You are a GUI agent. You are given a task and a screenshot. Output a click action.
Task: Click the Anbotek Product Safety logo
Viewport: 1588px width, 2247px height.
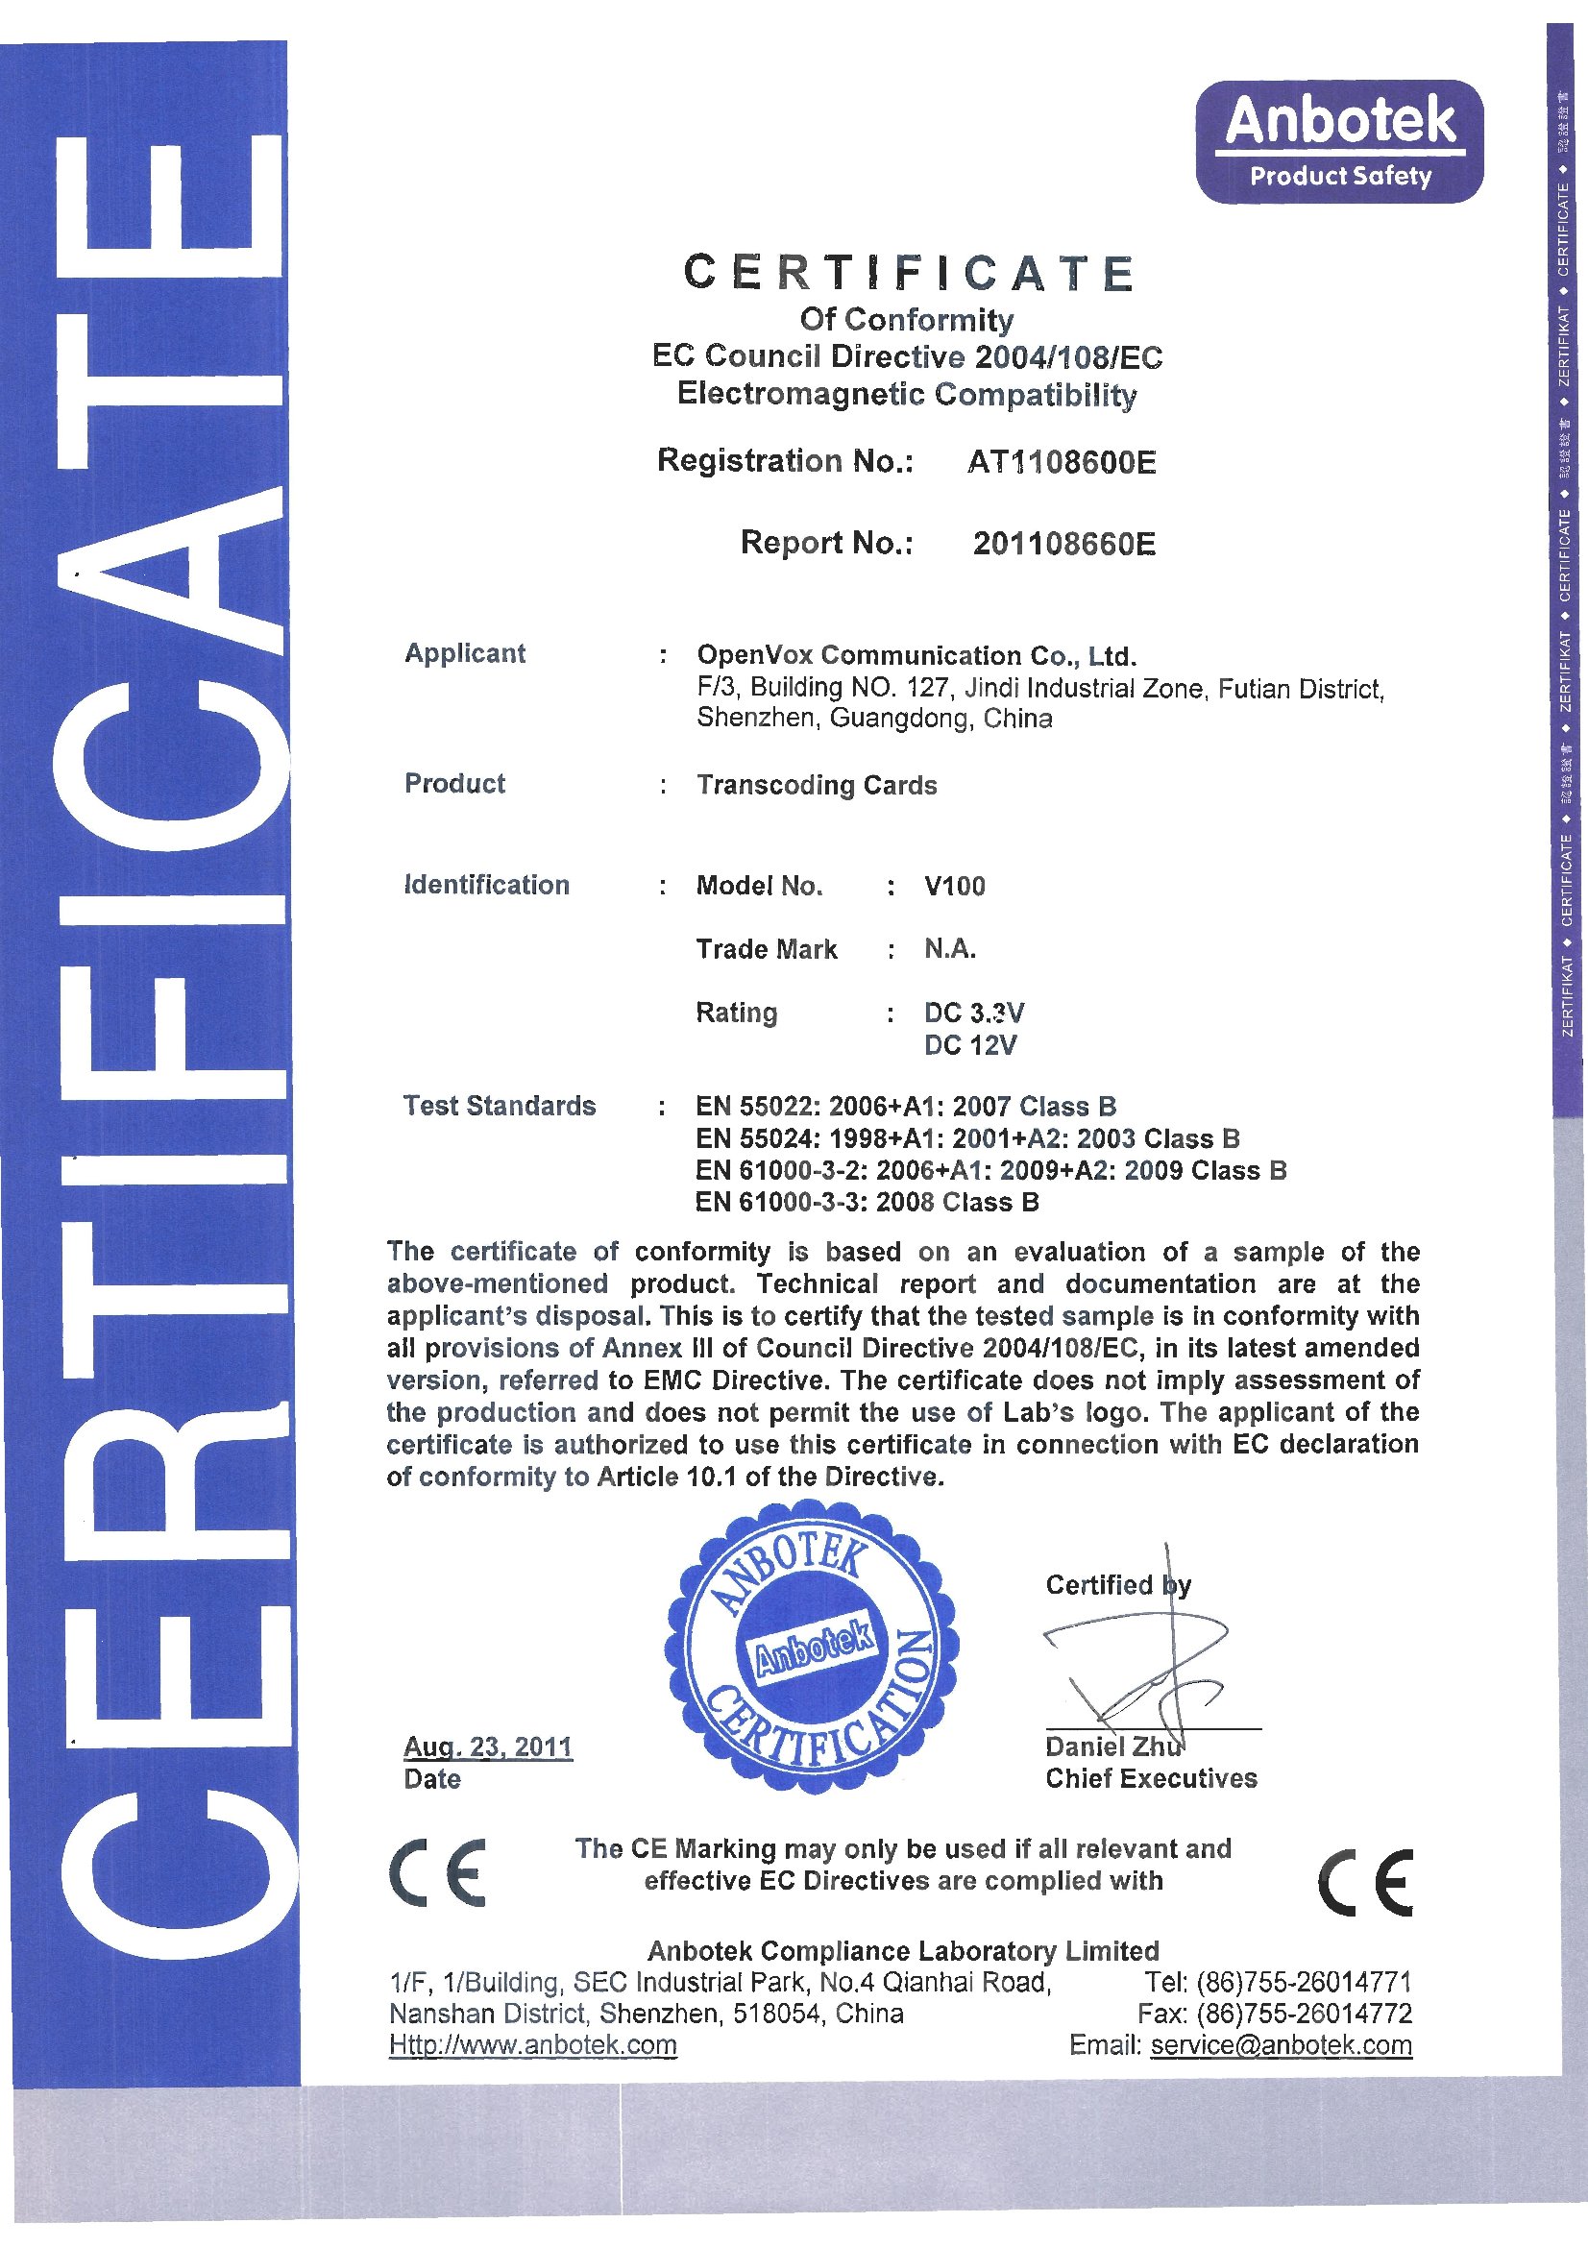click(x=1338, y=141)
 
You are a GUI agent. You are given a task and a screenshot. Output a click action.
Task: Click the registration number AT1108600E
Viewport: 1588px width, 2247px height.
click(x=1062, y=461)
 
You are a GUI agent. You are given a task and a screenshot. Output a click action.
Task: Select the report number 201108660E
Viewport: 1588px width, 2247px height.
click(x=1063, y=543)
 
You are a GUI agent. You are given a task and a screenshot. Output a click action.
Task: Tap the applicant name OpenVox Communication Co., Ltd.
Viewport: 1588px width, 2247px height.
click(x=916, y=655)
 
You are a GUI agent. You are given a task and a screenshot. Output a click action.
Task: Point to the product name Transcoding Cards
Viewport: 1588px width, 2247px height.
click(x=816, y=785)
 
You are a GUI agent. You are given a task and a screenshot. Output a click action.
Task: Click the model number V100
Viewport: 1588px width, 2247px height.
click(x=954, y=886)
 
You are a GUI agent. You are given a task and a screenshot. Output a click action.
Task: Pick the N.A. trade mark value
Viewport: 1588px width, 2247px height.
click(x=949, y=948)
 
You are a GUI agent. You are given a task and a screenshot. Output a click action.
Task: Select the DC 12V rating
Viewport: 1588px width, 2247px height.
click(x=969, y=1045)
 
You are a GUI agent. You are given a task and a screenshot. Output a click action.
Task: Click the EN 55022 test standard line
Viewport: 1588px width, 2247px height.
click(x=905, y=1106)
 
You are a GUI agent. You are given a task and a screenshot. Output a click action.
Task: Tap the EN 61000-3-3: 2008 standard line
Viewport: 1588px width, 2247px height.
click(x=866, y=1202)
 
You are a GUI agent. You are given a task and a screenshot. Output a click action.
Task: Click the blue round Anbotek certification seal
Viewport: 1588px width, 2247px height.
click(x=812, y=1645)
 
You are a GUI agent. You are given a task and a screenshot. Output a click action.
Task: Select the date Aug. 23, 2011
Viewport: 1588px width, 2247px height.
click(x=487, y=1746)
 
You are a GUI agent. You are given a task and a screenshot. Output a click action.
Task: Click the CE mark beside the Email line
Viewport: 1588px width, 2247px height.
click(x=1365, y=1882)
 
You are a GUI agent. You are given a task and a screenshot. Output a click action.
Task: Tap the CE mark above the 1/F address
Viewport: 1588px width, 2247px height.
click(x=438, y=1872)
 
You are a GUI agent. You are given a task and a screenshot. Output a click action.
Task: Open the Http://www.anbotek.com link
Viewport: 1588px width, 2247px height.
click(x=532, y=2044)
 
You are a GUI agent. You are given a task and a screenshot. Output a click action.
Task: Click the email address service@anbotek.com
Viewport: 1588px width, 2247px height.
click(x=1280, y=2044)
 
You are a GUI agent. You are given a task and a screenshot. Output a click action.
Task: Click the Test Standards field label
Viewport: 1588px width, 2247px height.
click(x=499, y=1106)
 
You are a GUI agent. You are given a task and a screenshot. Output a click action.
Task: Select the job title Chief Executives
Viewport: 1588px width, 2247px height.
click(x=1151, y=1778)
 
